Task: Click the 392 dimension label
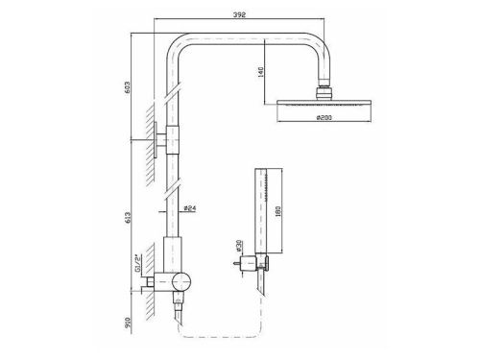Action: pos(239,14)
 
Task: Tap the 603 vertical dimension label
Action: pos(128,86)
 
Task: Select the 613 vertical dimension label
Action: pos(128,218)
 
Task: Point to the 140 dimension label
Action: pos(261,72)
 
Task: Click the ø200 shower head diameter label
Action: pos(324,117)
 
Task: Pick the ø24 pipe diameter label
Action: pos(190,208)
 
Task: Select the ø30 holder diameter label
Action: pos(238,245)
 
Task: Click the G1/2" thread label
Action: pos(137,263)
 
